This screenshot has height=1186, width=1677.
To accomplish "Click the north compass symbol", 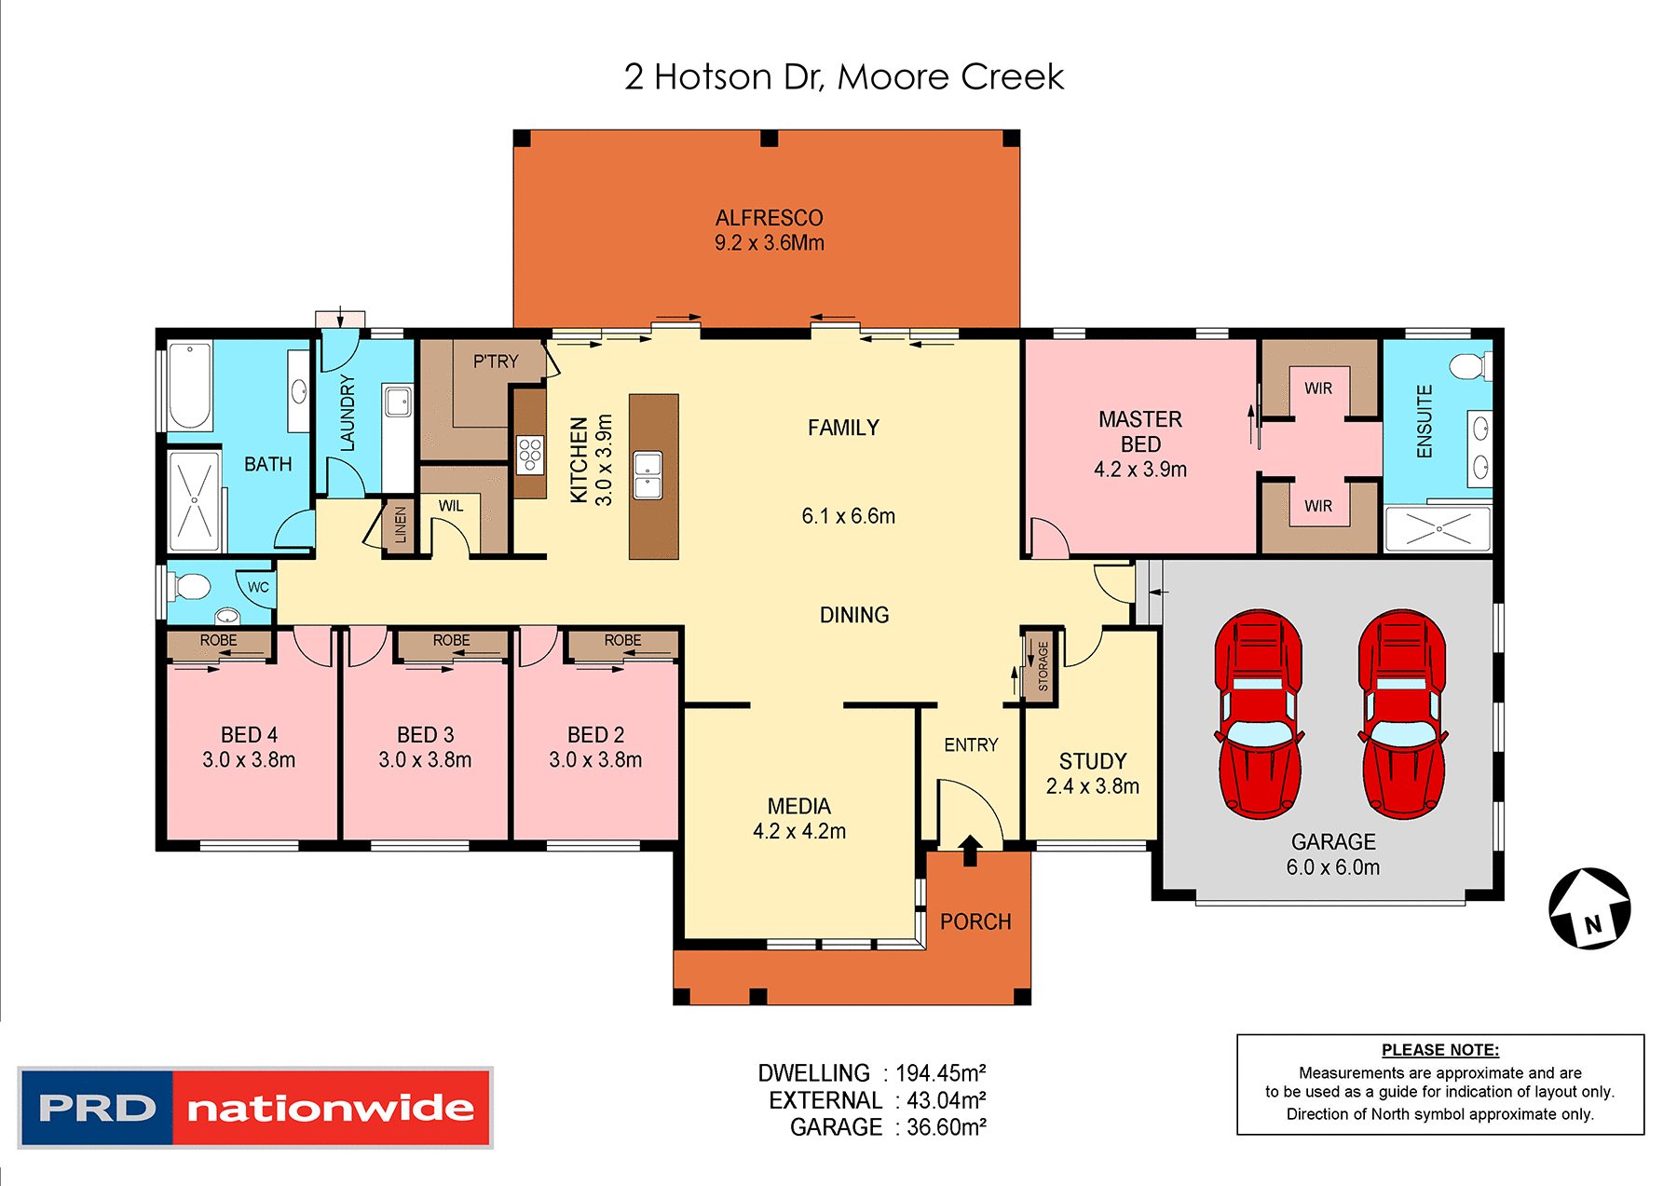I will [1589, 908].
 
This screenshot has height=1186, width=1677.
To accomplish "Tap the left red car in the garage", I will [1259, 715].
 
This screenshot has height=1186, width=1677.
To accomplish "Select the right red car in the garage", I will [1402, 715].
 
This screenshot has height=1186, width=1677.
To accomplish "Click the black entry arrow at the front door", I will [970, 850].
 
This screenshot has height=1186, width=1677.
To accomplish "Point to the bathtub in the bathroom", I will [190, 386].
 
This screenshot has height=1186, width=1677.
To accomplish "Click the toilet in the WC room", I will [192, 587].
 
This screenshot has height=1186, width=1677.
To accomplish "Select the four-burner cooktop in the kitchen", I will [530, 455].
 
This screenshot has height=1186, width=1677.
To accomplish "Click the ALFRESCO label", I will [769, 218].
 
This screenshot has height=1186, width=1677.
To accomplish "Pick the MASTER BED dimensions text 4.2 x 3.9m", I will [1139, 470].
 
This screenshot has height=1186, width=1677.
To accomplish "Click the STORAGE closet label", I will [1043, 665].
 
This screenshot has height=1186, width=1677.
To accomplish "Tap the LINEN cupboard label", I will [401, 525].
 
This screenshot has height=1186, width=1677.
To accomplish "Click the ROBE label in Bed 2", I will [622, 641].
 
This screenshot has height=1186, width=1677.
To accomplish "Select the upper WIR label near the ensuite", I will [1317, 389].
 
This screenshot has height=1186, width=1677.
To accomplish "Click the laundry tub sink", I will [398, 402].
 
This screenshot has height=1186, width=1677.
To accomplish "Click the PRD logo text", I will [97, 1108].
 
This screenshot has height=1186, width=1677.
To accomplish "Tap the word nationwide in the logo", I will [331, 1108].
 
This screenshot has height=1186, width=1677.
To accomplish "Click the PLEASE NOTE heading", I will [1439, 1050].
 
